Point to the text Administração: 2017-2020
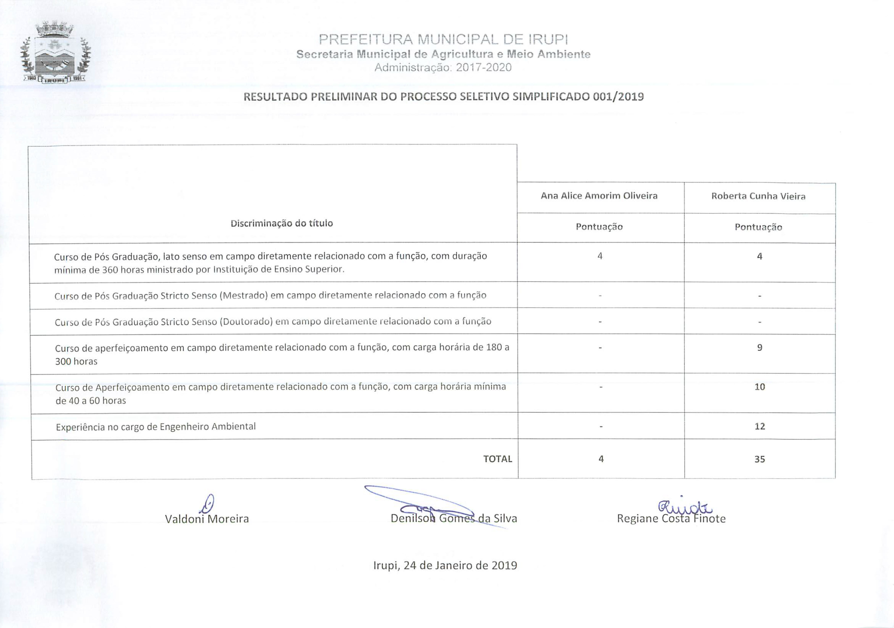[443, 68]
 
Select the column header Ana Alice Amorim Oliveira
[599, 196]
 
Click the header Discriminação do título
[281, 223]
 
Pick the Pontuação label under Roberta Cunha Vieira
[758, 227]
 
